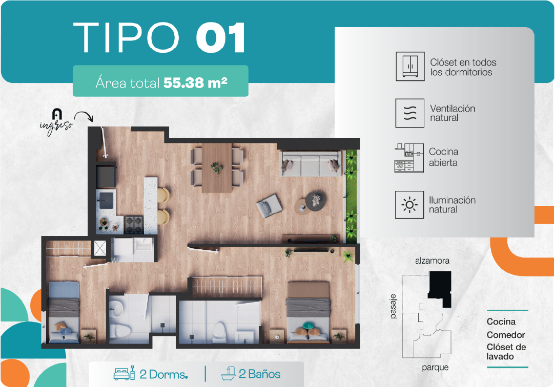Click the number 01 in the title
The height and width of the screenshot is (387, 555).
coord(220,37)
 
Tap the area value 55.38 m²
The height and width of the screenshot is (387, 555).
coord(195,83)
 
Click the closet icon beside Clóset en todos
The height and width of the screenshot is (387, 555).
coord(410,66)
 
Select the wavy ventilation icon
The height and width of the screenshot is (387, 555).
coord(410,113)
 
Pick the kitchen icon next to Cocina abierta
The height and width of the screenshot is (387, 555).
coord(409,158)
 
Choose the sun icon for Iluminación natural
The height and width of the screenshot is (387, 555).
coord(409,205)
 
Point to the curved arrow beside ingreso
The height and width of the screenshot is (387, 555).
coord(84,116)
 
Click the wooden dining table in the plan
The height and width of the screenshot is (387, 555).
coord(217,167)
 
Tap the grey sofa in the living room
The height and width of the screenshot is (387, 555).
coord(311,164)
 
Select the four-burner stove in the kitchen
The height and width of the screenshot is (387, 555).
coord(134,225)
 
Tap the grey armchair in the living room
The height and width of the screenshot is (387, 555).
coord(270,206)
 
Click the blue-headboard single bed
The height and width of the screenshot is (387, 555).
coord(64,312)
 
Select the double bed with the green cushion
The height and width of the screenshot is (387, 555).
coord(309,312)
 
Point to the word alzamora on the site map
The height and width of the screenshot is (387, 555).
coord(432,261)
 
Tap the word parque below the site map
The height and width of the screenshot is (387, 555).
coord(435,368)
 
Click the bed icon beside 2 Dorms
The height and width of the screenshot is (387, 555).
coord(124,373)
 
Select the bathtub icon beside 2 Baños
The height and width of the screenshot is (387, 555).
coord(228,373)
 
